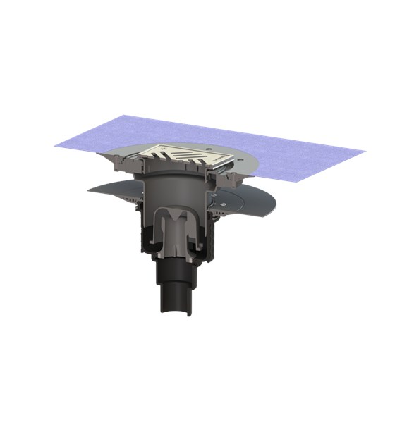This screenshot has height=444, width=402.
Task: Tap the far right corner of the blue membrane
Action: tap(364, 151)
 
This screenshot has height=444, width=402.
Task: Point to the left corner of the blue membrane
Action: tap(56, 145)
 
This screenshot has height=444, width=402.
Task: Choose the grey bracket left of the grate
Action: tap(134, 166)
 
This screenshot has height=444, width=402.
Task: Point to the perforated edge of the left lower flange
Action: tap(127, 201)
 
